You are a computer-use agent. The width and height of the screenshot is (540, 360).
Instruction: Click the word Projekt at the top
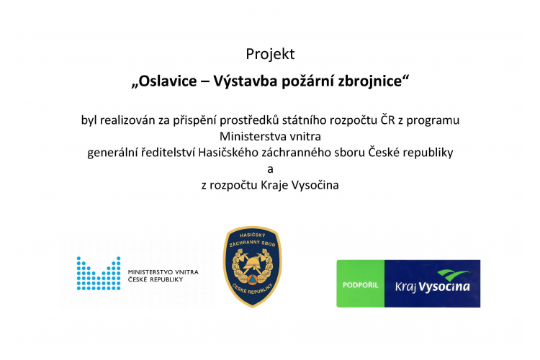tap(270, 54)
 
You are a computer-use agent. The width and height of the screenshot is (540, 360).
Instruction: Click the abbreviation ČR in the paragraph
tap(387, 120)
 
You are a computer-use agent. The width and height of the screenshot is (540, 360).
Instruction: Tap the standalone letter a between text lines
tap(270, 169)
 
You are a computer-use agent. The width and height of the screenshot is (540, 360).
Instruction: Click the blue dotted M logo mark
tap(99, 273)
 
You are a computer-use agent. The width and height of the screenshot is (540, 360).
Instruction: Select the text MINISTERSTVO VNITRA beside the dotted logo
tap(163, 272)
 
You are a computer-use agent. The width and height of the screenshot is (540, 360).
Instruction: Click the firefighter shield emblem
tap(253, 266)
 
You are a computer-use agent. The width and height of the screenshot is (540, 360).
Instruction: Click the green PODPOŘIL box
tap(361, 284)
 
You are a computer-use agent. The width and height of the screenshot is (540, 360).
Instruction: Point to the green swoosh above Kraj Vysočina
tap(453, 275)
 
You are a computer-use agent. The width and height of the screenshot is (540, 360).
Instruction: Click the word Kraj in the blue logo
tap(405, 287)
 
